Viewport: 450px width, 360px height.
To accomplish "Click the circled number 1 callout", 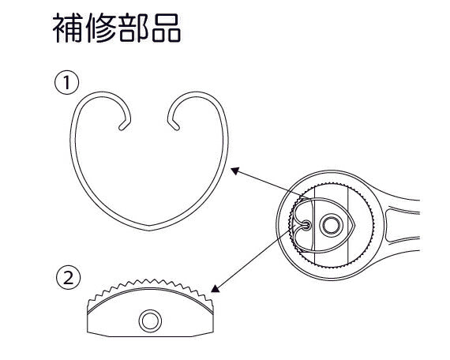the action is click(x=66, y=83).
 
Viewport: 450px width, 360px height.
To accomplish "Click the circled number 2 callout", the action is click(x=69, y=278).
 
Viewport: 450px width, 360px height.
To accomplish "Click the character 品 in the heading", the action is click(x=166, y=28).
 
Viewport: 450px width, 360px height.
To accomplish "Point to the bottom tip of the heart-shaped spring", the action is click(x=149, y=228).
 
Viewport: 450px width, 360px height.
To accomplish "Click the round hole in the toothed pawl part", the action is click(x=150, y=321).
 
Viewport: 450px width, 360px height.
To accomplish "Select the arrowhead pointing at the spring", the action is click(x=234, y=171).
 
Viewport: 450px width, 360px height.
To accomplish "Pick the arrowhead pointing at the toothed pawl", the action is click(x=215, y=288).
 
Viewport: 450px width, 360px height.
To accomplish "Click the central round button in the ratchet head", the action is click(x=332, y=225).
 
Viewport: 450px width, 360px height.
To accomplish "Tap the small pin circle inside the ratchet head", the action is click(x=307, y=225).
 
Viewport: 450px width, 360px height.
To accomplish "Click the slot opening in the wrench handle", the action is click(x=402, y=225).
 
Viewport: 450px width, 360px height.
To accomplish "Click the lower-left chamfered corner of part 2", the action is click(x=98, y=334).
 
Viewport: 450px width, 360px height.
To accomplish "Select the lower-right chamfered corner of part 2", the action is click(x=203, y=334).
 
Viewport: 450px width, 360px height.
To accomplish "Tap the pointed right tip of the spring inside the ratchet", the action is click(x=355, y=226).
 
